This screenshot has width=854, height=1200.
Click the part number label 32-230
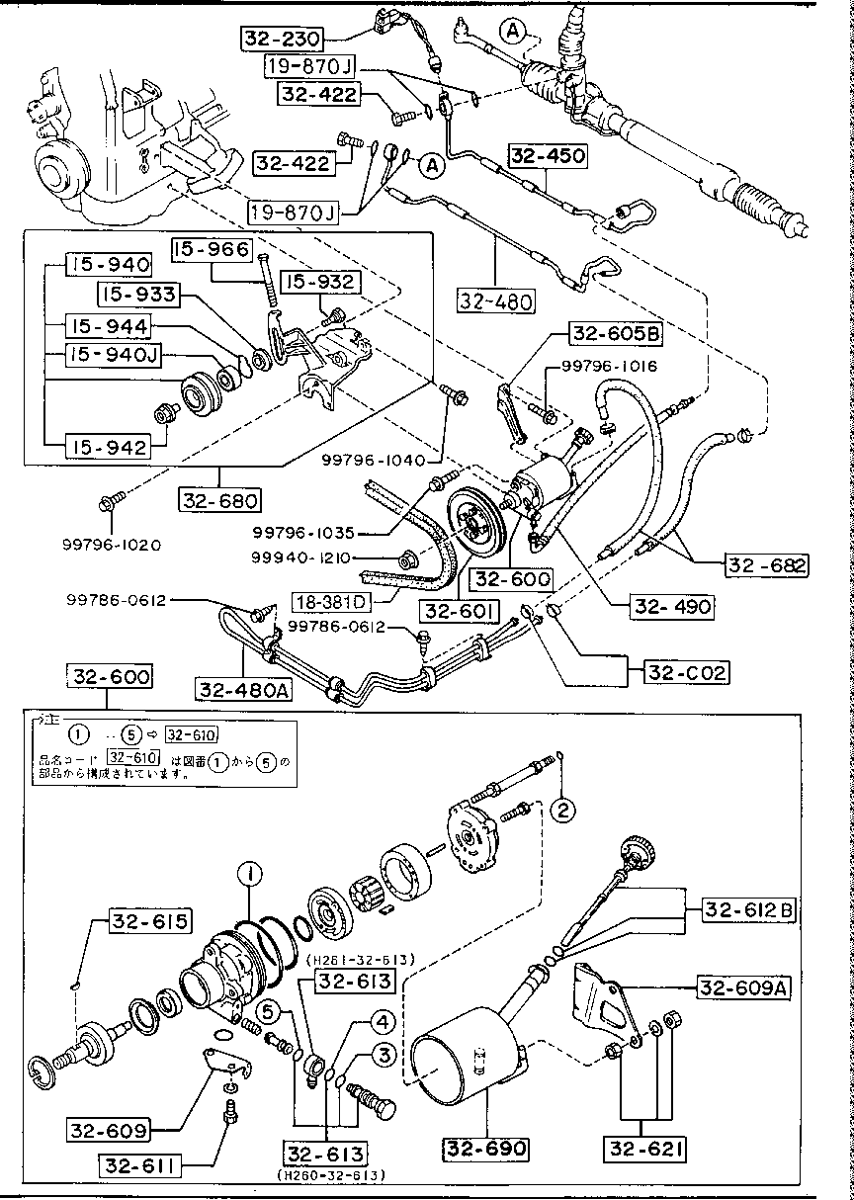(282, 39)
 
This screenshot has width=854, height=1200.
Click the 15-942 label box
(107, 447)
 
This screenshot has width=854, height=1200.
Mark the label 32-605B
(616, 335)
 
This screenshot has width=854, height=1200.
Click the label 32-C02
(687, 672)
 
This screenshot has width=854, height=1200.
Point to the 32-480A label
(244, 689)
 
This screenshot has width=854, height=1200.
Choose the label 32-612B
(748, 910)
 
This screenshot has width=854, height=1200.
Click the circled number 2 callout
(562, 811)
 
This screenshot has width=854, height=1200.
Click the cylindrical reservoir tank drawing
(465, 1068)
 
